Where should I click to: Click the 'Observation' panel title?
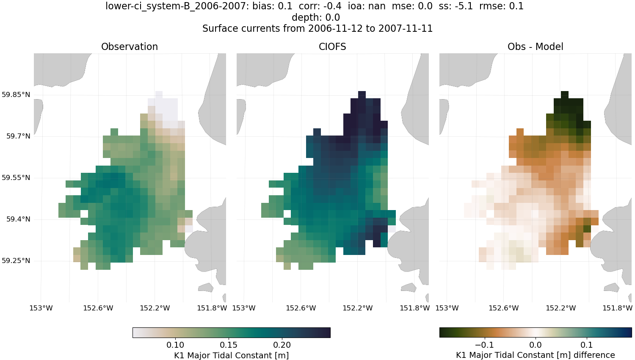click(130, 47)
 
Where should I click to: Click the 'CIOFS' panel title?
click(332, 47)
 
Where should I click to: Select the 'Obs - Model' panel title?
click(535, 47)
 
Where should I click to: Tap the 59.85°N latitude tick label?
click(16, 94)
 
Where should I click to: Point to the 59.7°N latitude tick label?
click(18, 136)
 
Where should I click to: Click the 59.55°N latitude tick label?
click(16, 177)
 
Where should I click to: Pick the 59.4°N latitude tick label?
click(18, 219)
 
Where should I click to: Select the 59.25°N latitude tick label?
click(16, 260)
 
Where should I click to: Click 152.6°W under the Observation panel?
click(98, 308)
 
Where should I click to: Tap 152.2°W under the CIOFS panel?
click(358, 308)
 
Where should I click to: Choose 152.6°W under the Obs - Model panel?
click(504, 308)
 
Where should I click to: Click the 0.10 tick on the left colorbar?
click(175, 345)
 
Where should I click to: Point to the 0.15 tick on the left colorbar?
click(229, 345)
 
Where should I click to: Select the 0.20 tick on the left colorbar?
click(282, 345)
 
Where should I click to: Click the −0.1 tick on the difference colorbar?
click(484, 345)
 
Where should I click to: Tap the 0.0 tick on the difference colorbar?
click(536, 345)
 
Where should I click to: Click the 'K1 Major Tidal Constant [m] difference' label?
click(535, 355)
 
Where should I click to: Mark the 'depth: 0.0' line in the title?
click(316, 17)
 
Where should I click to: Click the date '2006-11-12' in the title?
click(334, 28)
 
